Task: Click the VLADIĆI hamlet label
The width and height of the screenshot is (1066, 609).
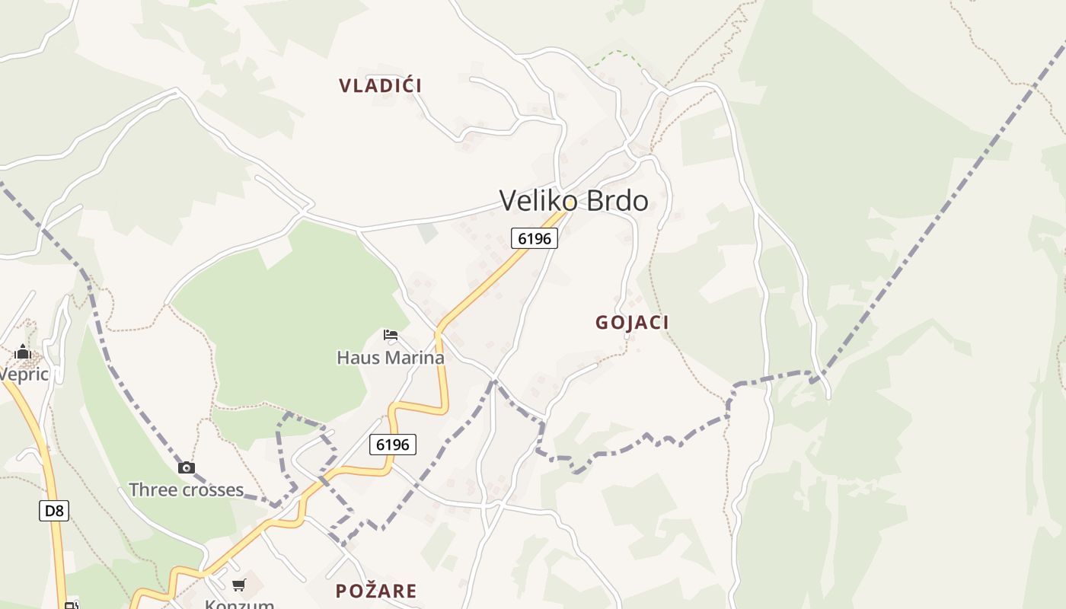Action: tap(380, 85)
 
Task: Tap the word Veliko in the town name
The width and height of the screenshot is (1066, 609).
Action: tap(536, 201)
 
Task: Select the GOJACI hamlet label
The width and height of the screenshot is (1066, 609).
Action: tap(632, 323)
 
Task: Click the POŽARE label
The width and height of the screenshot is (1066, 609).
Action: tap(376, 591)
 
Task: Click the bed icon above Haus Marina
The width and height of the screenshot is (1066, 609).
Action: tap(391, 334)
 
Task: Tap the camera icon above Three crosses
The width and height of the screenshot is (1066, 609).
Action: tap(186, 467)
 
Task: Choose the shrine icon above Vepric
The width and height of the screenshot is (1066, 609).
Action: tap(23, 352)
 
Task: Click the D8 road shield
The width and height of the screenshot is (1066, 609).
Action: tap(54, 510)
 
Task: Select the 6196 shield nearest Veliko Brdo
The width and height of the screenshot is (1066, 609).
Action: tap(534, 238)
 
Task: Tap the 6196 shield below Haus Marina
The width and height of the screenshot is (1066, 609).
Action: tap(393, 444)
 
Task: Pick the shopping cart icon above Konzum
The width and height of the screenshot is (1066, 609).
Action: tap(239, 585)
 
